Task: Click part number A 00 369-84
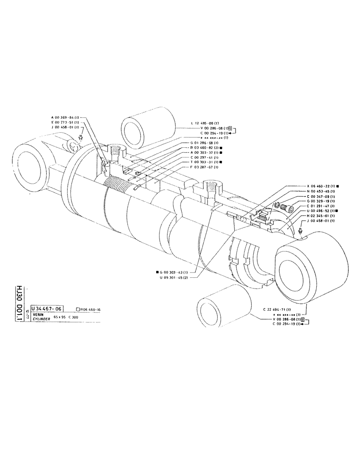(x=66, y=117)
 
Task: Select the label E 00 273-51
(x=66, y=122)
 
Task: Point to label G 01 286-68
(x=208, y=142)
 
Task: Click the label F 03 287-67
(x=208, y=167)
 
